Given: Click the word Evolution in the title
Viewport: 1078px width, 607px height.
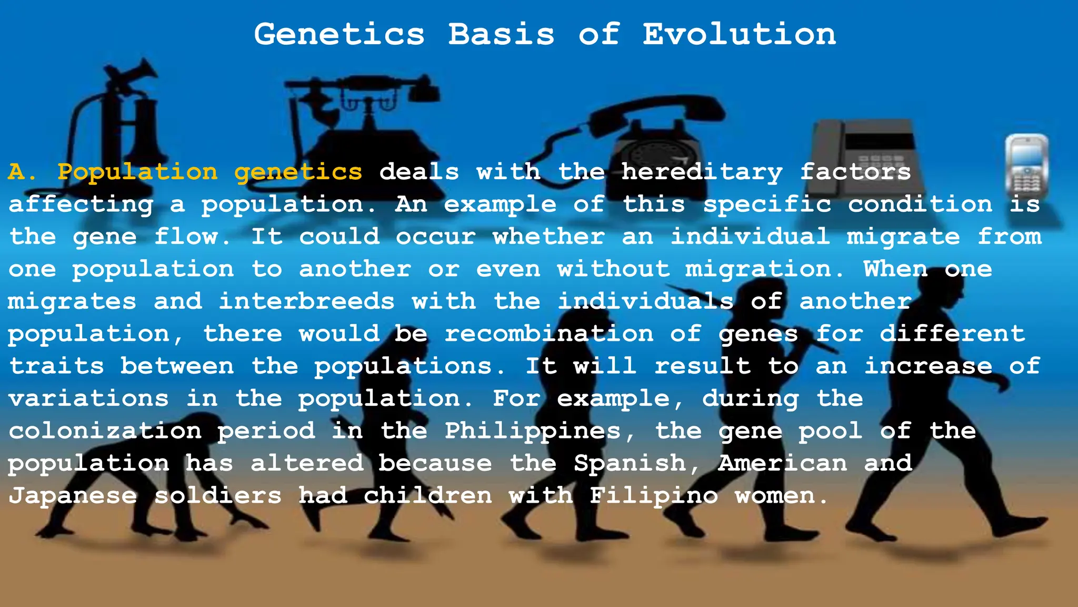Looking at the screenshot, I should (x=739, y=35).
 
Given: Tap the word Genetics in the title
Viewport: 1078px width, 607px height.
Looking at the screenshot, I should (x=339, y=35).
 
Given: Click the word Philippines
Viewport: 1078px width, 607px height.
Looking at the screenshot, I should (x=533, y=432).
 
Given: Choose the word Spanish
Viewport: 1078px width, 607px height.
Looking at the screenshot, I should (x=630, y=464).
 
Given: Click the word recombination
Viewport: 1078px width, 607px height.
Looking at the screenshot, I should (x=549, y=334).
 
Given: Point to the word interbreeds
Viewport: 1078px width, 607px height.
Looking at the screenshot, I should (x=306, y=302).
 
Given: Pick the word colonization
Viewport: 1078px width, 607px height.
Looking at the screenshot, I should (x=105, y=432).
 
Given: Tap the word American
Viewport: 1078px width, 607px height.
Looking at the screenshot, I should (x=783, y=464).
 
